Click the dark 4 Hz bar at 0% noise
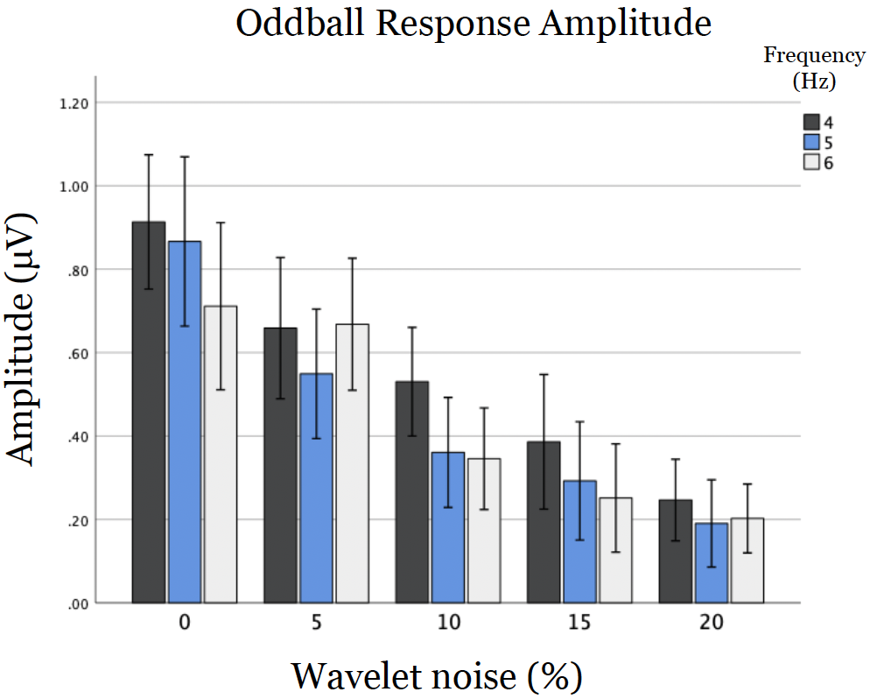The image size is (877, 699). point(149,412)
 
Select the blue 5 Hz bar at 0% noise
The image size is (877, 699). point(185,421)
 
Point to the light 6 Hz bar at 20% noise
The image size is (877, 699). point(747,561)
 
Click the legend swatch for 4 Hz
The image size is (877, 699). point(811,122)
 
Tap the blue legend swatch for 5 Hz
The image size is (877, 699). point(811,142)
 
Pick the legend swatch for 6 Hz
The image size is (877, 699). point(811,162)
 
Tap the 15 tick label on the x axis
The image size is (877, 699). point(579,624)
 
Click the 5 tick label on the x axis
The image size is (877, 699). point(315,624)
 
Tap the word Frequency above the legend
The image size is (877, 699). point(814,56)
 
